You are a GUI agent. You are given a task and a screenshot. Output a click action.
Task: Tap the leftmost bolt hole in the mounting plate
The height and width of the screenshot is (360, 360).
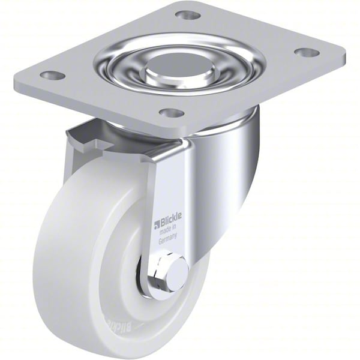pos(53,76)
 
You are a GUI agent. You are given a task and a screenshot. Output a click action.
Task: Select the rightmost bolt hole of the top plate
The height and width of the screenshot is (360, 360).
pos(307,52)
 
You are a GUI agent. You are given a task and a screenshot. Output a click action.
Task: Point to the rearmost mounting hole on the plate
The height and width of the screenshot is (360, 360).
pos(188,14)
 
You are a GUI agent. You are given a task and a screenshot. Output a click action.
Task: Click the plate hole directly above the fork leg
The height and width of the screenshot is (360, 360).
pos(172,112)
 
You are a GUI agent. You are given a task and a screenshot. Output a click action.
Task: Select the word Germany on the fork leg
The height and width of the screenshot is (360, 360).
pos(169,241)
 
